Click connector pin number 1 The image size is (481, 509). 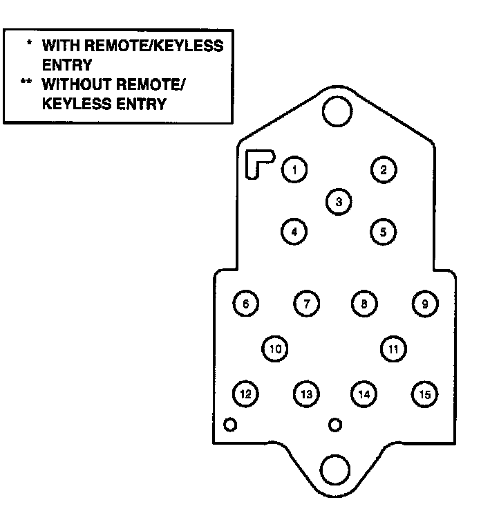coord(294,169)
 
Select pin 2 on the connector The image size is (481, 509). coord(384,169)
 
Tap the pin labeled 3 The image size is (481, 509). coord(339,201)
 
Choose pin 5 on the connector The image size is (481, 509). coord(384,232)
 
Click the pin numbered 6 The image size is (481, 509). coord(246,304)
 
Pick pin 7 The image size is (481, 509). coord(306,304)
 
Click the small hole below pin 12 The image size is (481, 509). coord(230,424)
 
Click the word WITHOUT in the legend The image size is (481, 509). coord(73,86)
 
